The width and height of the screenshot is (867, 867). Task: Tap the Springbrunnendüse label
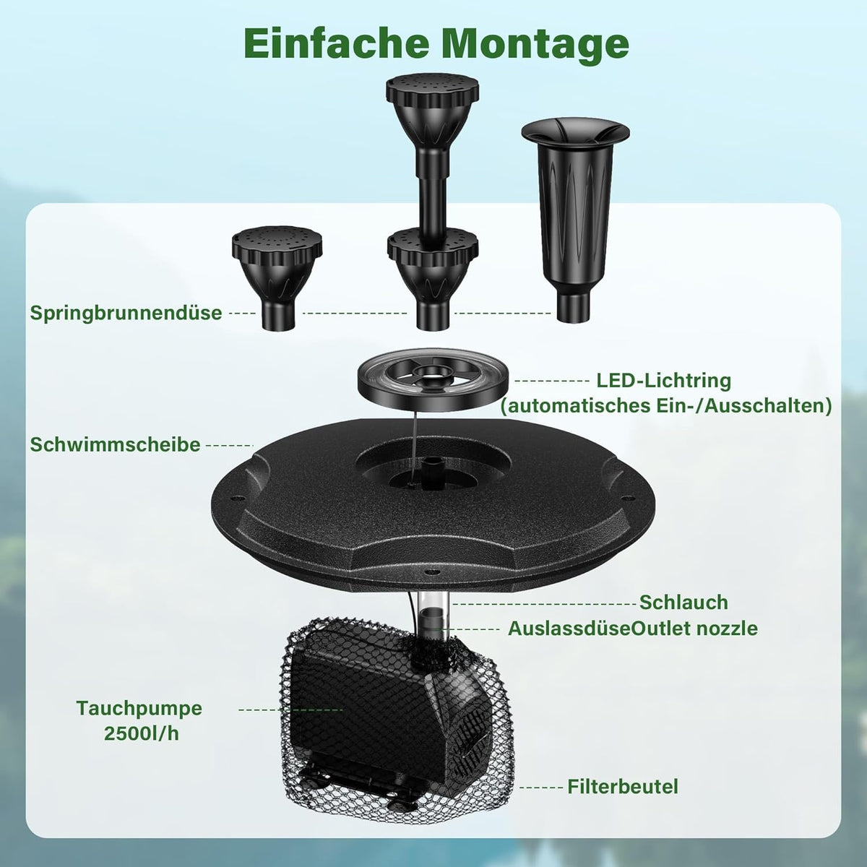point(126,313)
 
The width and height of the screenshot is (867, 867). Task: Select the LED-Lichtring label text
point(664,381)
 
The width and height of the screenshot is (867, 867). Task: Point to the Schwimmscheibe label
point(115,444)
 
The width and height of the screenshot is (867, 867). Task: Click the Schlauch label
point(683,603)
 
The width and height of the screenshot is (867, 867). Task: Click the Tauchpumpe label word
point(139,708)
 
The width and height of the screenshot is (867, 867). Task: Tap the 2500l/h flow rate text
point(142,733)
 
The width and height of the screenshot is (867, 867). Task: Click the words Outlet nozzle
point(695,629)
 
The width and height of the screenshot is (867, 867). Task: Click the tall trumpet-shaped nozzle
point(575,221)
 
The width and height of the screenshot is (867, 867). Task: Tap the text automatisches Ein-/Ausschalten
point(666,406)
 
